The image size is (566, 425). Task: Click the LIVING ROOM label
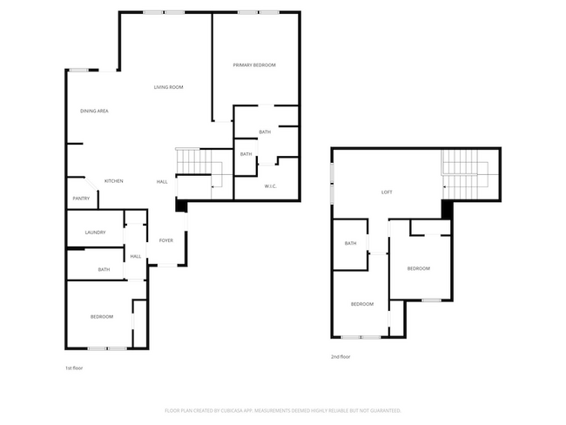coord(168,87)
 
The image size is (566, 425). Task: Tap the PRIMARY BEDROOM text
coord(254,66)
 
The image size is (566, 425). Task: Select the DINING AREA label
coord(94,111)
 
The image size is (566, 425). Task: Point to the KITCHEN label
coord(114,181)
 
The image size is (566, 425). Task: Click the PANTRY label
coord(80,199)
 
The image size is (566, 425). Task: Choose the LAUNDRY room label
coord(95,233)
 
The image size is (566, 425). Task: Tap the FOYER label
coord(165,240)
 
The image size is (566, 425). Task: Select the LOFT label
coord(387,192)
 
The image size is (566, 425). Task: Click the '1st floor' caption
coord(74,368)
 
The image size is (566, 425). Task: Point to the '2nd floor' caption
coord(340,356)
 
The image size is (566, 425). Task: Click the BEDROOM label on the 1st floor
coord(102,316)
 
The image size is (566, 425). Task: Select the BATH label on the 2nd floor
coord(351,244)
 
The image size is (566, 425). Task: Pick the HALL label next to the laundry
coord(136,256)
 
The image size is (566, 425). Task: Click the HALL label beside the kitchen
coord(162,181)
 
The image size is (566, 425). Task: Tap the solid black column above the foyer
coord(180,206)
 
